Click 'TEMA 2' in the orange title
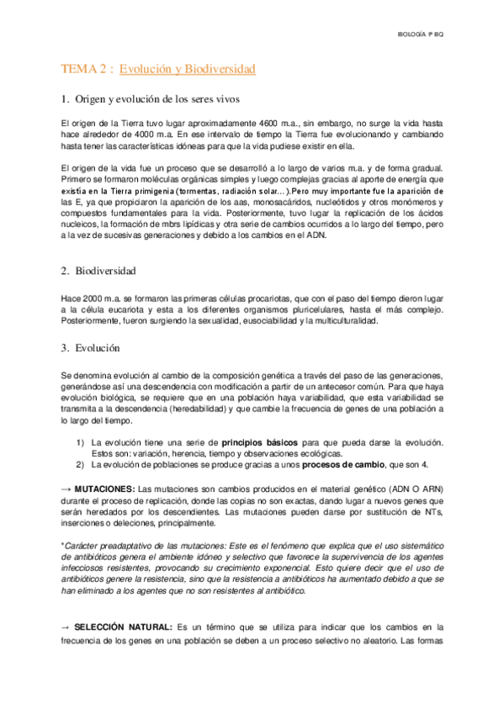[85, 68]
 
